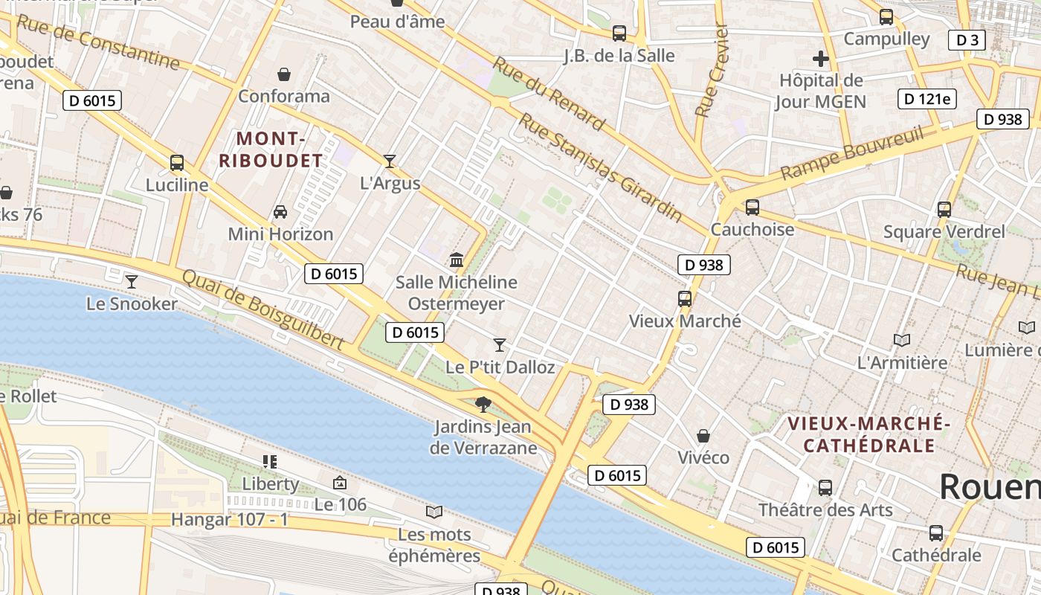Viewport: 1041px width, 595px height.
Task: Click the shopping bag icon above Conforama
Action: click(x=283, y=74)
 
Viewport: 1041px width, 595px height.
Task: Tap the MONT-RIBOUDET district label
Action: click(x=271, y=149)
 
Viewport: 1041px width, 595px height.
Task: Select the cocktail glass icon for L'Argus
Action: click(x=389, y=161)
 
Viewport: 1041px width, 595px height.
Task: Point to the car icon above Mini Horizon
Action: click(x=280, y=212)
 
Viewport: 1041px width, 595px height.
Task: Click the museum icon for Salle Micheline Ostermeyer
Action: click(x=457, y=260)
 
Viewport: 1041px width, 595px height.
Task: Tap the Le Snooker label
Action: click(x=132, y=303)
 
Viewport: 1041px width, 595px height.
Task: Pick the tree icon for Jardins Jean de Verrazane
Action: click(x=483, y=404)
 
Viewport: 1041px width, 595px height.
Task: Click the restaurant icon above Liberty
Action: click(x=270, y=462)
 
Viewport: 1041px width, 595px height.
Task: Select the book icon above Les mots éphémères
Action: click(x=434, y=512)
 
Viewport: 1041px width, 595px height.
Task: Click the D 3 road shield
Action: click(x=967, y=40)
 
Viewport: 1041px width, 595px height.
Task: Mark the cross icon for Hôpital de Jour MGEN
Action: click(x=821, y=59)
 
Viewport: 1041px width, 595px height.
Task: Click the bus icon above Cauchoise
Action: click(x=752, y=208)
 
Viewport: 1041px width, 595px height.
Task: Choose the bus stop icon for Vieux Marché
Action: click(x=685, y=299)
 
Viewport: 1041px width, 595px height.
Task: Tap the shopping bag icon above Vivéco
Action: click(x=703, y=435)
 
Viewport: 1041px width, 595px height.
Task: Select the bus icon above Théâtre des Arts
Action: click(x=825, y=488)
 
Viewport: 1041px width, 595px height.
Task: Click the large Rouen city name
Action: click(x=989, y=486)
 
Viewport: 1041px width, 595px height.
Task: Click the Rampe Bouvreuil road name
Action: click(x=852, y=153)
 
